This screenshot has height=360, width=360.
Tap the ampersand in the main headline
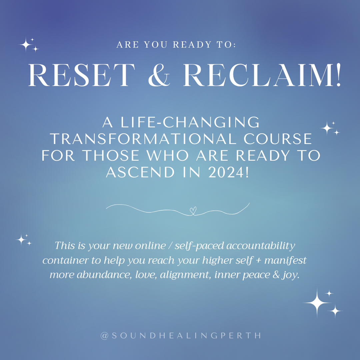click(x=160, y=75)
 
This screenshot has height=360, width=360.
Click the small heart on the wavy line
click(x=192, y=210)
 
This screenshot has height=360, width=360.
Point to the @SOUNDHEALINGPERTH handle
click(x=181, y=335)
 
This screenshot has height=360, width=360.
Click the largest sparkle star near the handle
click(x=317, y=303)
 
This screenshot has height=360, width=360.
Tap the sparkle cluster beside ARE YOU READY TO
click(x=28, y=45)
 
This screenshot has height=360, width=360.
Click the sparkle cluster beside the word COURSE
click(x=329, y=128)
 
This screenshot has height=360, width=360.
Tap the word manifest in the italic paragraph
click(x=286, y=261)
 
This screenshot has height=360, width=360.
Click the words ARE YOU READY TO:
click(x=176, y=45)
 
